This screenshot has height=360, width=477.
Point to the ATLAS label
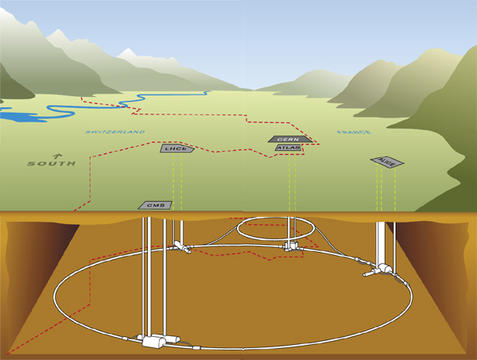tap(288, 147)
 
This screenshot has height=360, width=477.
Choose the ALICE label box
tap(387, 162)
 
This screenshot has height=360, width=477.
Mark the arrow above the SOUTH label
tap(56, 155)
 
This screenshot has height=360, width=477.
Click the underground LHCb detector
tap(181, 249)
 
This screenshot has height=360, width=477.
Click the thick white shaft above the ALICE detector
tap(385, 238)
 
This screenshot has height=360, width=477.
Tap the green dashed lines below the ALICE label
tap(386, 191)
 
